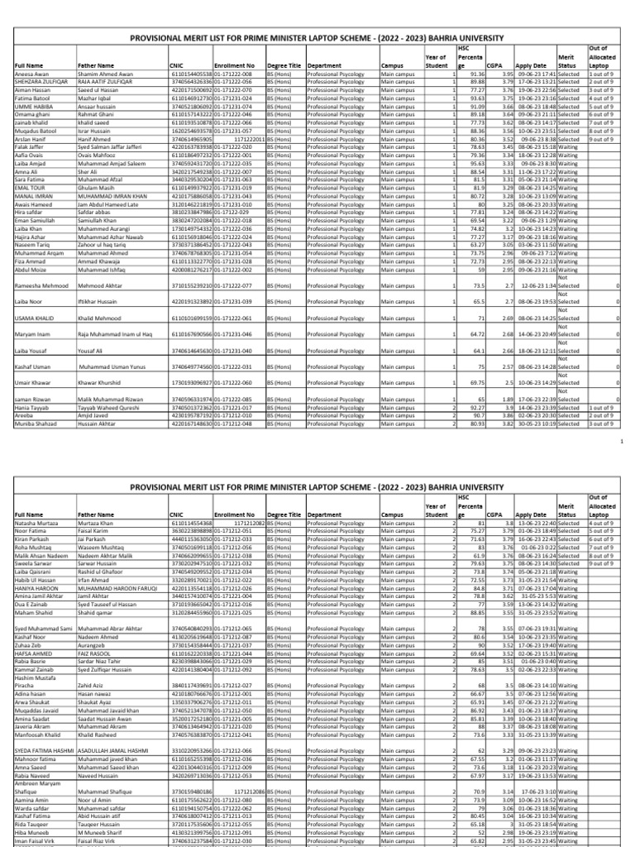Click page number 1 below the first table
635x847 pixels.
click(x=621, y=443)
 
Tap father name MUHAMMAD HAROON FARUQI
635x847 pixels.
click(x=115, y=588)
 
